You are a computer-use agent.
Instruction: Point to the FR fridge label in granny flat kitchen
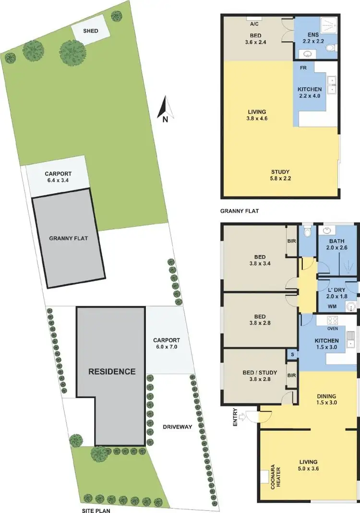[303, 68]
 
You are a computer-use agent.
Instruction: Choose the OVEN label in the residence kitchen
[332, 329]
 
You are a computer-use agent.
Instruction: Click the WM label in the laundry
[331, 306]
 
